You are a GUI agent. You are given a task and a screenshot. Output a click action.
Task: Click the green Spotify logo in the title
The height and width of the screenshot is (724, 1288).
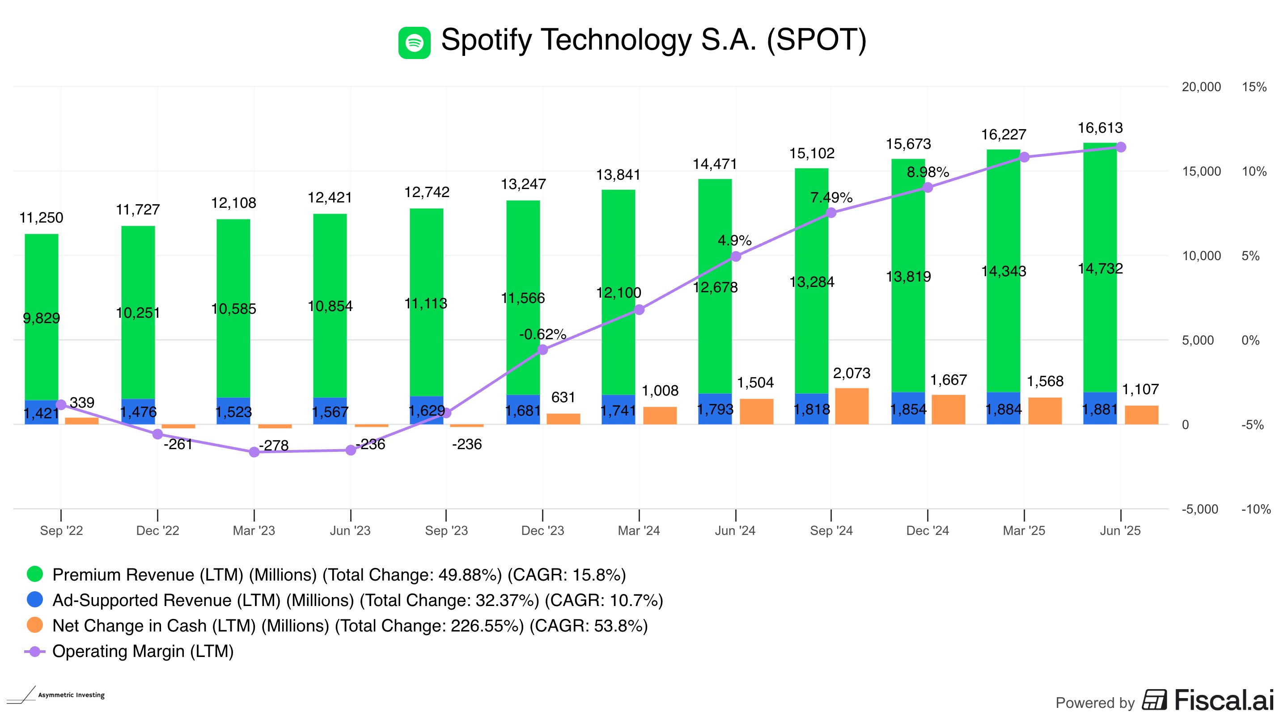[414, 42]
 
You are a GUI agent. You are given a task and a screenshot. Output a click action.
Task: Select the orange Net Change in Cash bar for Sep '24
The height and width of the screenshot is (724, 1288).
[852, 406]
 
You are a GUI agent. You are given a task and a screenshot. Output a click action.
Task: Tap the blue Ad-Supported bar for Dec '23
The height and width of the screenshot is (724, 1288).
[523, 410]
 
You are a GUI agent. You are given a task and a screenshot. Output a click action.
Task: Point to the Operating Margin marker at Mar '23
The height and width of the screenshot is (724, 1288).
[254, 452]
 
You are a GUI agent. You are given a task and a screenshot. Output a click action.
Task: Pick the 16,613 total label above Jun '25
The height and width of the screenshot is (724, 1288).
[1100, 128]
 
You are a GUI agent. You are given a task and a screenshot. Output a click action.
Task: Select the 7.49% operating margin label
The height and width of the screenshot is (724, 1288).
[831, 198]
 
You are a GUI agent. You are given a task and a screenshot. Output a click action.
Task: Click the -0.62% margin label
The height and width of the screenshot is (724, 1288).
[542, 334]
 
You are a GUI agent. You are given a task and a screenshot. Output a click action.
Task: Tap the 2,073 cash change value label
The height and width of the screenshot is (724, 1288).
[852, 373]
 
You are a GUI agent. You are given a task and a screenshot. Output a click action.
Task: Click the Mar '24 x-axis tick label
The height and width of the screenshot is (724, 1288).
[639, 530]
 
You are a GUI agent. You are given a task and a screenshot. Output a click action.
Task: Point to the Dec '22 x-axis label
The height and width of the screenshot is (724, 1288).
[157, 530]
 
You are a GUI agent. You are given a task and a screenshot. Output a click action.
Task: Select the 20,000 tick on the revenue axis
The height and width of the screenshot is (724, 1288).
[1201, 87]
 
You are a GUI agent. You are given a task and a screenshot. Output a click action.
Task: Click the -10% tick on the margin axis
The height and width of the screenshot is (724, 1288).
[1255, 509]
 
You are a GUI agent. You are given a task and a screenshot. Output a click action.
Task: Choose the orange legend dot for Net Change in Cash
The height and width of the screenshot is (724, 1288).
[35, 625]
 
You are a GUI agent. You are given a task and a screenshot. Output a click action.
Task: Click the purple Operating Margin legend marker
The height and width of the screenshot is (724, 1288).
[35, 651]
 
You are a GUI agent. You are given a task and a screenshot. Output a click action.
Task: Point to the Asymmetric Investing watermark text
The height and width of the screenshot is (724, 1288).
[71, 695]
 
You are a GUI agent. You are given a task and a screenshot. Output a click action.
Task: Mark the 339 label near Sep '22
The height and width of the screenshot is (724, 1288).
[82, 403]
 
